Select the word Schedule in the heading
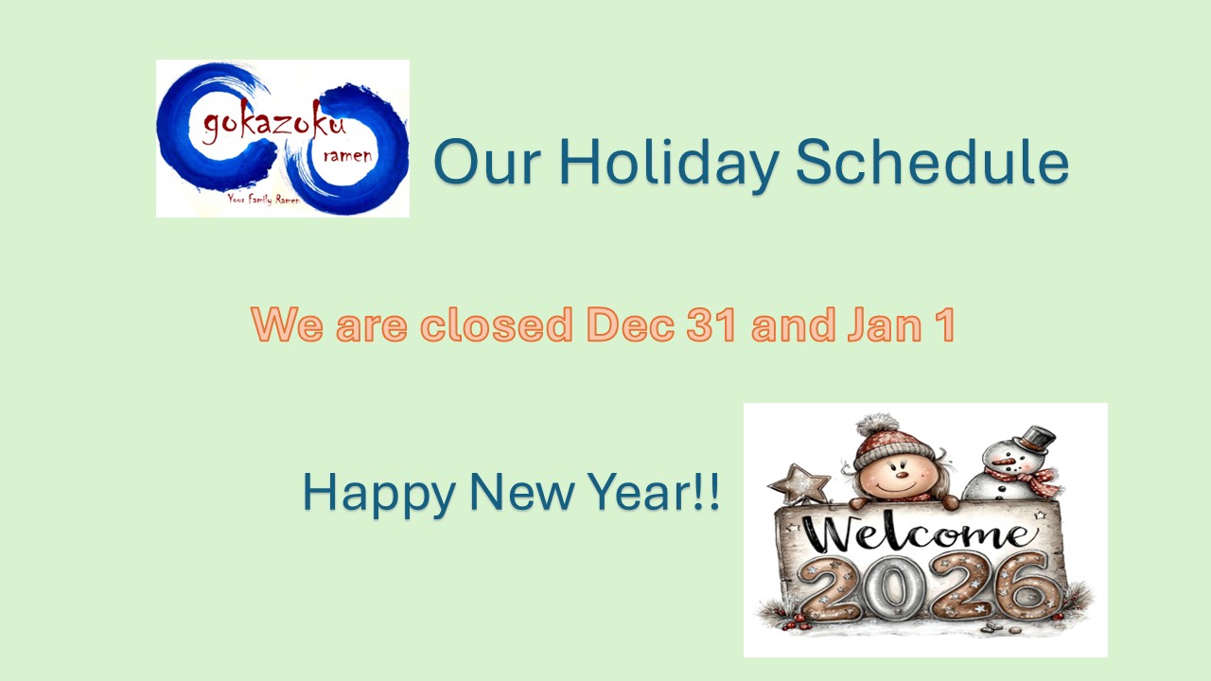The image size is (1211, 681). (932, 161)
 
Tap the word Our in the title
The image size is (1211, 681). (487, 162)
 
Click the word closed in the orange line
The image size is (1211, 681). (497, 324)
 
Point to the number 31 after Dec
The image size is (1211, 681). (711, 324)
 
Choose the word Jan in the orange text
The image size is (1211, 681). (885, 324)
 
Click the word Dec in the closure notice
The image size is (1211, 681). (630, 324)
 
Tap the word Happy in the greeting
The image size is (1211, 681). (379, 494)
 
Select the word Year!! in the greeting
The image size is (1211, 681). (655, 491)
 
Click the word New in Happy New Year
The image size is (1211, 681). (522, 491)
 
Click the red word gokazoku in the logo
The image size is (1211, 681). (274, 122)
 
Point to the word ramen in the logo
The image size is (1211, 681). (347, 156)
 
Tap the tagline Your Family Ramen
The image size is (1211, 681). (263, 200)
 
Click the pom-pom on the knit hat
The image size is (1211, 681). (877, 427)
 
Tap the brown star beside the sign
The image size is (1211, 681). (799, 484)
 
